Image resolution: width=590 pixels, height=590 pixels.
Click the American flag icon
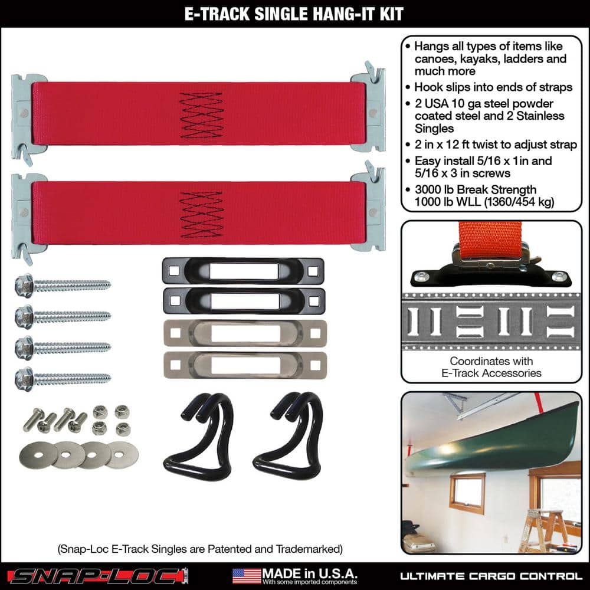[x=246, y=575]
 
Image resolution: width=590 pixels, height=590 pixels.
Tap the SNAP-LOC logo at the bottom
[x=99, y=575]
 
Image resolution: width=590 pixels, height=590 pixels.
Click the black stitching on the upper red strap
[x=201, y=115]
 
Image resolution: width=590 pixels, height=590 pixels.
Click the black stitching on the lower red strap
[x=201, y=211]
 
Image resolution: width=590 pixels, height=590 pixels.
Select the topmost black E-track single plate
[x=242, y=271]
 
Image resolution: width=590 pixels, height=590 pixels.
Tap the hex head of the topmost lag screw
[x=24, y=286]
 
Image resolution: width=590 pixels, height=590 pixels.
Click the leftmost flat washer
[x=37, y=454]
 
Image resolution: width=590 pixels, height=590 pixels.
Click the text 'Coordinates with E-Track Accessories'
[x=491, y=366]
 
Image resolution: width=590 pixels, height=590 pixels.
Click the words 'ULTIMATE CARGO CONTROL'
[x=491, y=576]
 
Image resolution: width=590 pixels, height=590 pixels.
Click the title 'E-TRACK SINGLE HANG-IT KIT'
[x=294, y=13]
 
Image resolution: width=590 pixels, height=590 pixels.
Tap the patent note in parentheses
[x=200, y=549]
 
